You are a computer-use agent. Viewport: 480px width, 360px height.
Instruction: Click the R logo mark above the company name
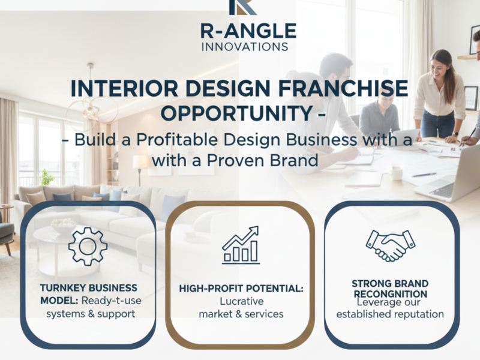242,7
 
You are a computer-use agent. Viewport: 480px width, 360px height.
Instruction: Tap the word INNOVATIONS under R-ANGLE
245,46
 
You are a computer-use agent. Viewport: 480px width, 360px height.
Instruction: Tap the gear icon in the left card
88,246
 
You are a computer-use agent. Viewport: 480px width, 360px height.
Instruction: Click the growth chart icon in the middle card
241,245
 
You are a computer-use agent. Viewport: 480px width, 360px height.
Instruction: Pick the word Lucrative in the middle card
241,301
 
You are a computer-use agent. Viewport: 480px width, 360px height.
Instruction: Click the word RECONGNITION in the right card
391,294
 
